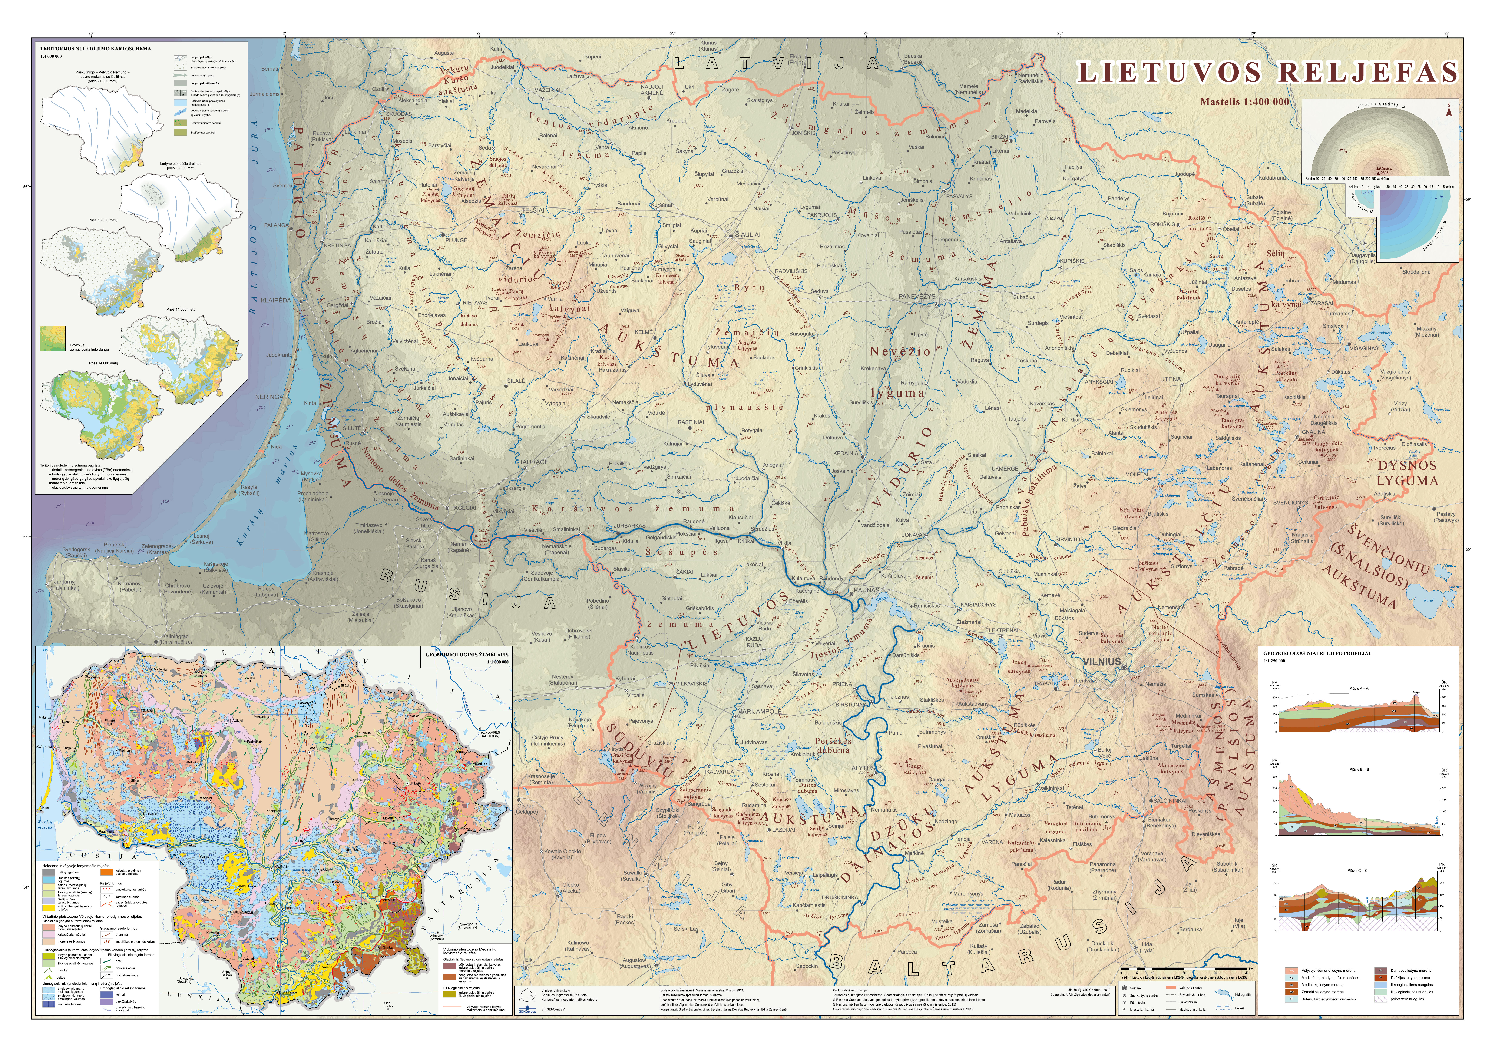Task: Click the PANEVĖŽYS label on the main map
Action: pos(917,296)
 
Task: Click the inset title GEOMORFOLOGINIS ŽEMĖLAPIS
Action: pos(467,655)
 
